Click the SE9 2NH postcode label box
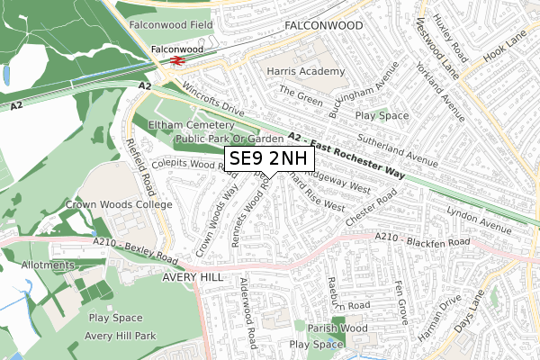click(269, 159)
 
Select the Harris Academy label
click(304, 70)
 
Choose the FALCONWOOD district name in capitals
click(322, 28)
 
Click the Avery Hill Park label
click(121, 337)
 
